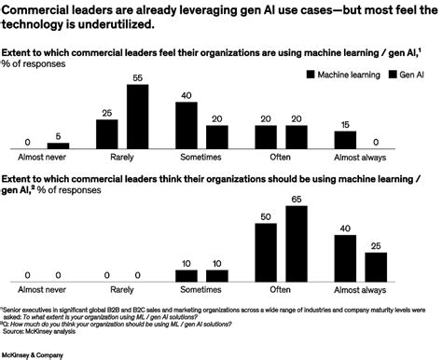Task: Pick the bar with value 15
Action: [x=345, y=141]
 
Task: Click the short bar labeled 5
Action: [x=58, y=145]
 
